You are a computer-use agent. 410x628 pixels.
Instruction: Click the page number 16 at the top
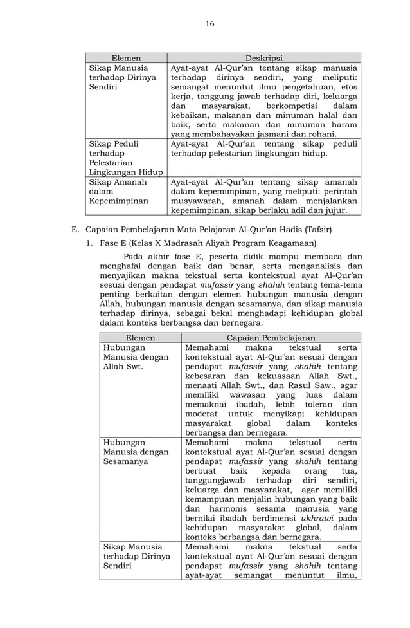coord(209,24)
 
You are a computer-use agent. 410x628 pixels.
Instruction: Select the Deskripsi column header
coord(263,58)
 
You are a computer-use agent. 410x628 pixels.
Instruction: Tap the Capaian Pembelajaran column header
coord(271,337)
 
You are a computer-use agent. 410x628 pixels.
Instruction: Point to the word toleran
coord(315,404)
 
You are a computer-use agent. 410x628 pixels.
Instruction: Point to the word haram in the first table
coord(344,124)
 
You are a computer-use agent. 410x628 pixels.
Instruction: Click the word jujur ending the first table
coord(335,210)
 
